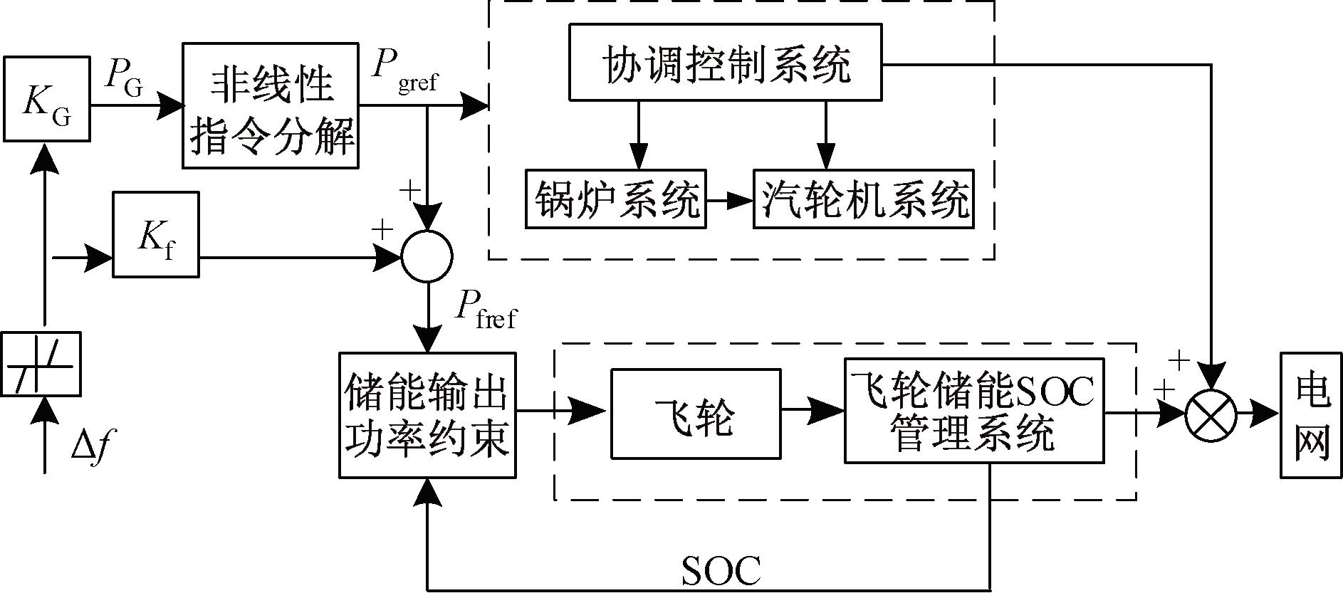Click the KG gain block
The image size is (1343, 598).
(47, 99)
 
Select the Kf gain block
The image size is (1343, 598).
(156, 234)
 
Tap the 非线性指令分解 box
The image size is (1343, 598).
(271, 105)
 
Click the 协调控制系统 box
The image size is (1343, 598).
(725, 62)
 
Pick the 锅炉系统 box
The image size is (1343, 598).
(616, 199)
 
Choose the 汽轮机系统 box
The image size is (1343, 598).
(863, 199)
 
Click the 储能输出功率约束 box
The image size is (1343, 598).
(427, 415)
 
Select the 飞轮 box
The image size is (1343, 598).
(696, 414)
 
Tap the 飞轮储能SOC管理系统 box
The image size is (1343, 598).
(974, 411)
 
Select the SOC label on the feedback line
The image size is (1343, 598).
(721, 570)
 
